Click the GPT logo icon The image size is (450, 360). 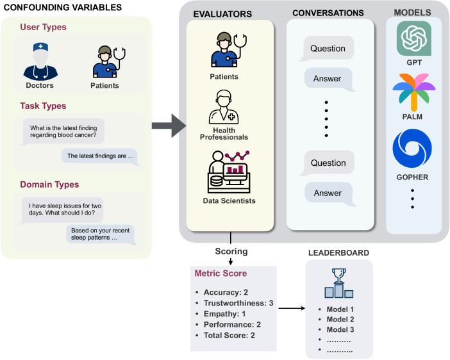pos(413,39)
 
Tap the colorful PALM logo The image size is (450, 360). pos(413,93)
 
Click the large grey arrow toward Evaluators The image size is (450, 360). pos(168,126)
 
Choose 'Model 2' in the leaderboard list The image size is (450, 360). pos(340,320)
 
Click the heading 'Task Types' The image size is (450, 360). pos(43,106)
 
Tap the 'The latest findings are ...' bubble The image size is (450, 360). pos(101,156)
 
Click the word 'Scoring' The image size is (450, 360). pos(231,251)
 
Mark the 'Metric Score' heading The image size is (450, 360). pos(221,274)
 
